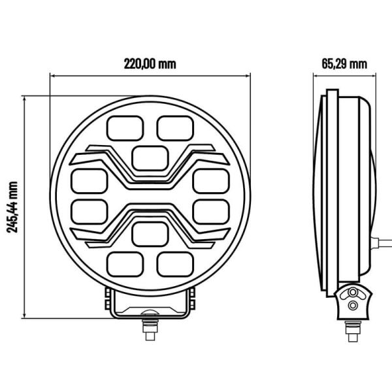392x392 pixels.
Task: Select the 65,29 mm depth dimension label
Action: (x=344, y=64)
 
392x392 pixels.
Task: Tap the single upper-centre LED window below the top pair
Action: (x=150, y=157)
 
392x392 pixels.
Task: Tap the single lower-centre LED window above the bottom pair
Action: (x=150, y=234)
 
